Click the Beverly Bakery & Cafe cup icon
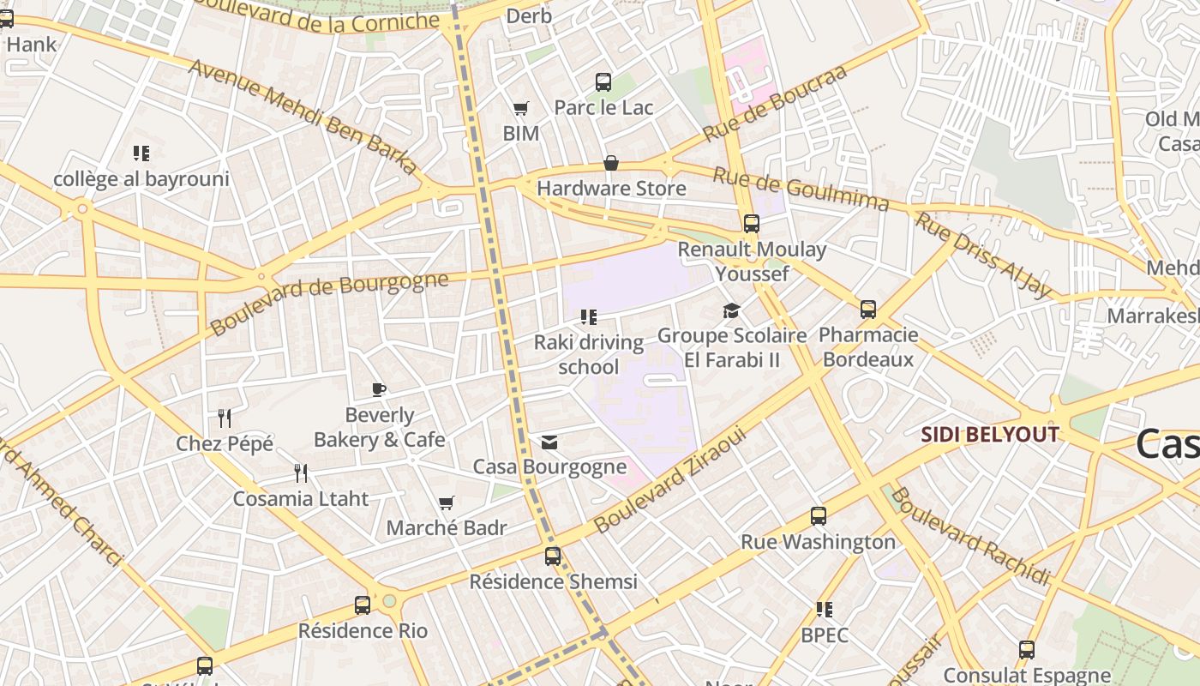[x=379, y=390]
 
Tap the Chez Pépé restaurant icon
[x=225, y=418]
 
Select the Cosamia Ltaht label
[x=301, y=498]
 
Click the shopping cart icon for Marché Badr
[x=446, y=502]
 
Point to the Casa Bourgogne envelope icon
[x=549, y=442]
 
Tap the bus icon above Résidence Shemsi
[x=553, y=556]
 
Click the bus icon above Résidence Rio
[x=363, y=605]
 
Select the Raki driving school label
[x=588, y=354]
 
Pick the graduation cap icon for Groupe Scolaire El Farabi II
[x=731, y=310]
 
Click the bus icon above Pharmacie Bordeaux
[x=868, y=310]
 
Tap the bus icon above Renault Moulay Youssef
[x=752, y=224]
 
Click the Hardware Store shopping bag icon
[x=611, y=163]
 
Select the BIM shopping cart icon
[x=520, y=108]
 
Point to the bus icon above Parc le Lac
[x=603, y=82]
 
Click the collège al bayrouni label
[x=141, y=179]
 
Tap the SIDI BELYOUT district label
[x=990, y=435]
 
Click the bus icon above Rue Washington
[x=819, y=516]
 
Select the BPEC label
[x=825, y=635]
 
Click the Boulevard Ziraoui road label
[x=670, y=480]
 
